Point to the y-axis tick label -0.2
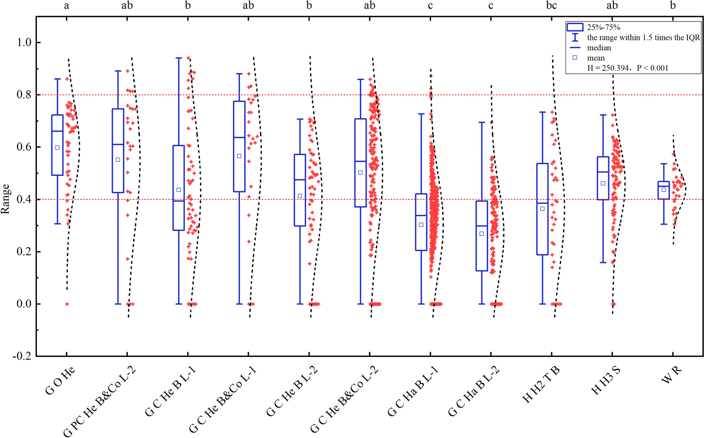(22, 356)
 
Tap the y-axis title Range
(5, 199)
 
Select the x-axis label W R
(671, 375)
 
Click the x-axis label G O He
(60, 381)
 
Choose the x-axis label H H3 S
(606, 381)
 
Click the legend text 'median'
(599, 48)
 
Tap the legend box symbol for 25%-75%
(575, 27)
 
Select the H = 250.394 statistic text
(627, 68)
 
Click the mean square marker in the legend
(575, 57)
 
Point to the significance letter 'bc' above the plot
(551, 5)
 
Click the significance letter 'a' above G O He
(67, 5)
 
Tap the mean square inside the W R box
(664, 190)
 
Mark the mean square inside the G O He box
(58, 148)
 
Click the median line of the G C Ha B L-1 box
(421, 216)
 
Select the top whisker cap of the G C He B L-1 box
(179, 58)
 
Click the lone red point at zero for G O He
(67, 304)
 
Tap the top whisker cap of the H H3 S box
(603, 115)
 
